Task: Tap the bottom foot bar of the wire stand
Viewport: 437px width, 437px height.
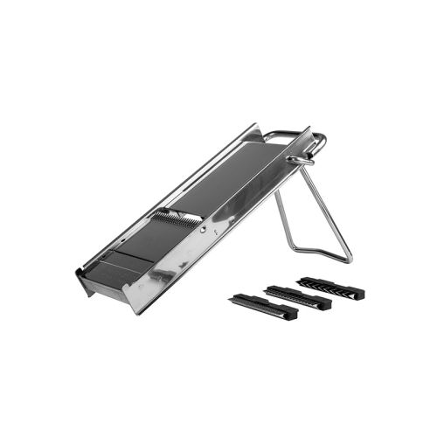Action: tap(315, 251)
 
